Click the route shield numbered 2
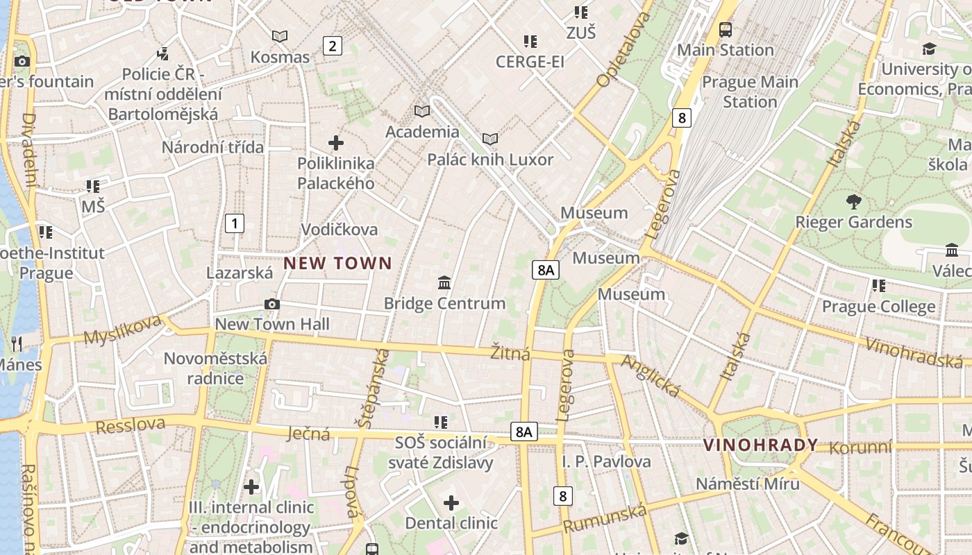tap(333, 46)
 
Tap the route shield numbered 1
tap(235, 223)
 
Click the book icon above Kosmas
tap(280, 36)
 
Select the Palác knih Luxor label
tap(490, 160)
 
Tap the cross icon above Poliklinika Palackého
tap(336, 143)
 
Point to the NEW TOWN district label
tap(337, 263)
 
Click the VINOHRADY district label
tap(760, 445)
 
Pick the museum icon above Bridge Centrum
tap(444, 282)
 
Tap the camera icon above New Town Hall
tap(272, 304)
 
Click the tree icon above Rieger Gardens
tap(854, 202)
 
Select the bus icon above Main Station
tap(726, 30)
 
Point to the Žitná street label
tap(510, 353)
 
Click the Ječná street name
tap(308, 434)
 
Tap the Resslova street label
tap(131, 425)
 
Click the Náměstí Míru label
tap(748, 484)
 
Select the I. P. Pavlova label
tap(606, 461)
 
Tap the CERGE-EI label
tap(530, 62)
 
